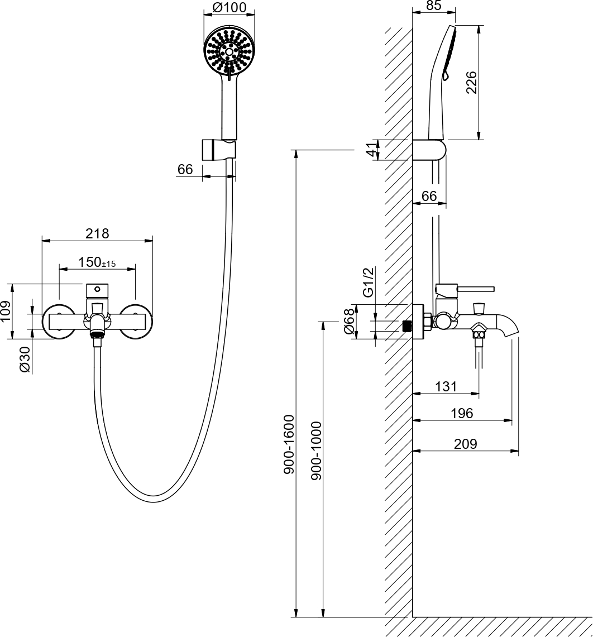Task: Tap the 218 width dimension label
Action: tap(97, 233)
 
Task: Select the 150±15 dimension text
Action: tap(97, 262)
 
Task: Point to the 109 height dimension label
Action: tap(6, 312)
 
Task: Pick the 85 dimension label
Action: tap(434, 6)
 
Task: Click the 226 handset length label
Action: tap(472, 82)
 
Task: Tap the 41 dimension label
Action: tap(369, 150)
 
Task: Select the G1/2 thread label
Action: tap(368, 282)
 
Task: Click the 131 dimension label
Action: tap(446, 386)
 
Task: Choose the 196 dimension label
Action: tap(462, 413)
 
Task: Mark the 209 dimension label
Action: tap(466, 444)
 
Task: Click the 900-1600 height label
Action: tap(289, 444)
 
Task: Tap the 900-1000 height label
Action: tap(316, 451)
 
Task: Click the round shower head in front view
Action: tap(229, 52)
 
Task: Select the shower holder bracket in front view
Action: tap(218, 150)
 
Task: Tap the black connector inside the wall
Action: tap(407, 326)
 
